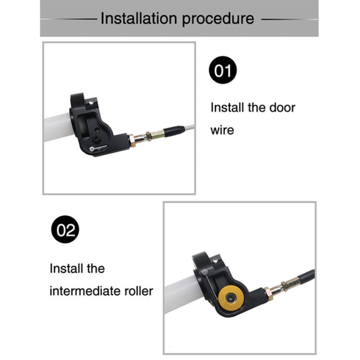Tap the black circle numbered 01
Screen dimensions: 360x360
(222, 70)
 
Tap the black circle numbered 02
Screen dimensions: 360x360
(65, 229)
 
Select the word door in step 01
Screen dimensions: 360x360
(282, 107)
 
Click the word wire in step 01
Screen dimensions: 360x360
(222, 130)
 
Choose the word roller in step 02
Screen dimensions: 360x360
(139, 291)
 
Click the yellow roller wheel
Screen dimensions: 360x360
(231, 298)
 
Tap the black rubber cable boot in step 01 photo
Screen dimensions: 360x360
(175, 131)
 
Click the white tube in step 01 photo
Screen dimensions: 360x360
(58, 127)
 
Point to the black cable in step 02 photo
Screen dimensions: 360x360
(306, 276)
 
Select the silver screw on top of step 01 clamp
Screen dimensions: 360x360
(91, 102)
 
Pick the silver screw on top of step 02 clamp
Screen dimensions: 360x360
(215, 261)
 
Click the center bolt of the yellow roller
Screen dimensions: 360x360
(230, 298)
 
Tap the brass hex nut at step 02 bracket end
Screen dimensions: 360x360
(269, 294)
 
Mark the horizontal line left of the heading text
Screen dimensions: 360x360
(69, 19)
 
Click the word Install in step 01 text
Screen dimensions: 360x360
(227, 107)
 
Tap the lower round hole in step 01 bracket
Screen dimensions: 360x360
(96, 138)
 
